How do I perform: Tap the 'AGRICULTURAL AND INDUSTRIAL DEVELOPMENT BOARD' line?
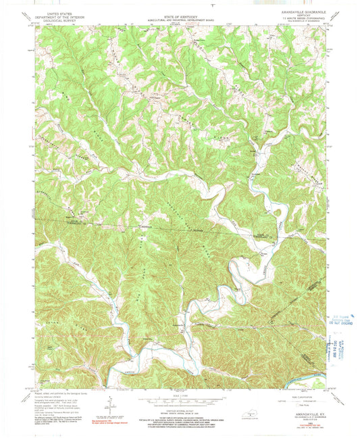pyautogui.click(x=178, y=18)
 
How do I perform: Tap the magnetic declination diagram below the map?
pyautogui.click(x=109, y=402)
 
